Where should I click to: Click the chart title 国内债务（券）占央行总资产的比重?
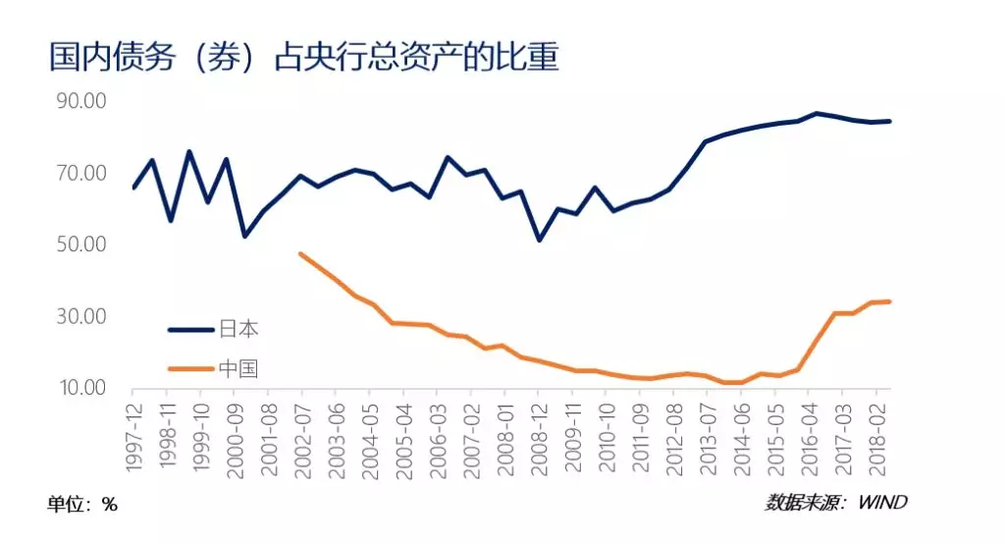tap(304, 56)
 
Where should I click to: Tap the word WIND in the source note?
tap(882, 503)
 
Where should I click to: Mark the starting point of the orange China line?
tap(300, 253)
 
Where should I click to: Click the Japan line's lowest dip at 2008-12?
tap(539, 240)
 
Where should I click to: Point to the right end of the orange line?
tap(889, 301)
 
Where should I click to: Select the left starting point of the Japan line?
tap(133, 188)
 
